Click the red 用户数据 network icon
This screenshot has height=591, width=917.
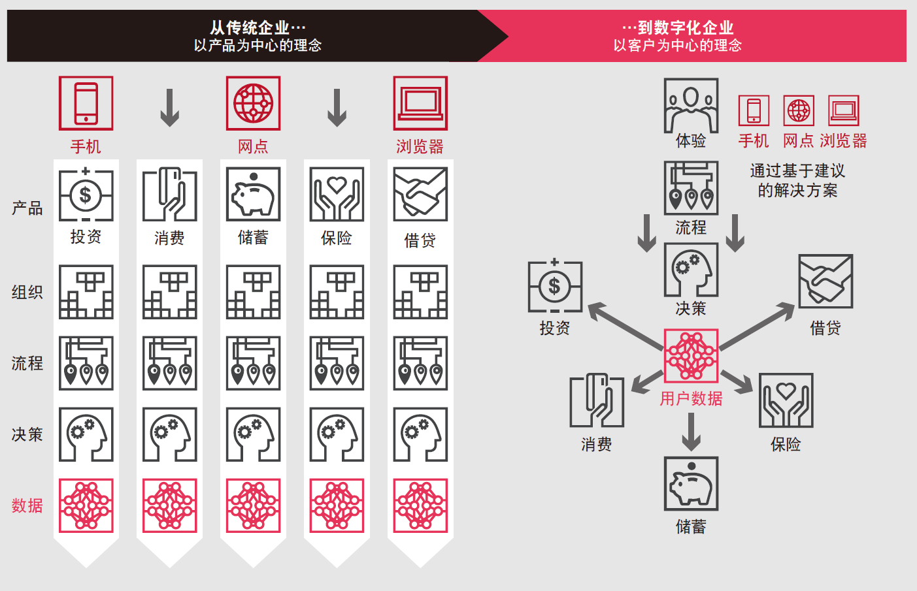(x=691, y=356)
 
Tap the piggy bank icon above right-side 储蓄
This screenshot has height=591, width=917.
(x=691, y=483)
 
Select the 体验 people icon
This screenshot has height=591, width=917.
(x=691, y=105)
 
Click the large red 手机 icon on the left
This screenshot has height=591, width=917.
(x=86, y=103)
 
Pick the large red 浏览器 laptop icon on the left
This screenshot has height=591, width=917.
(x=420, y=103)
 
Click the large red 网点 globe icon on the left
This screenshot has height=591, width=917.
(x=253, y=103)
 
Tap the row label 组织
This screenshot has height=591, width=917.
(x=27, y=292)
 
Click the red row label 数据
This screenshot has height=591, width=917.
(x=27, y=505)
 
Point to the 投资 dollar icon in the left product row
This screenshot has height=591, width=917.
(x=86, y=195)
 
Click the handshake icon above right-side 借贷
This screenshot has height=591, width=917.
(x=825, y=281)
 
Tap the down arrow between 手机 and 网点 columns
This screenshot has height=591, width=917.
(x=169, y=108)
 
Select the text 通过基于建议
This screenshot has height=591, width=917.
(x=797, y=171)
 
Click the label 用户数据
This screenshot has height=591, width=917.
(x=691, y=398)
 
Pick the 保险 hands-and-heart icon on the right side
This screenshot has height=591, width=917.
(x=786, y=400)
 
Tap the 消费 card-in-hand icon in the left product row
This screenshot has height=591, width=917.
(x=169, y=195)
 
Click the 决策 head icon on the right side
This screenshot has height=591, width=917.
(x=691, y=270)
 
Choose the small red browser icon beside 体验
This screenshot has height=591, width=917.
(x=843, y=110)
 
